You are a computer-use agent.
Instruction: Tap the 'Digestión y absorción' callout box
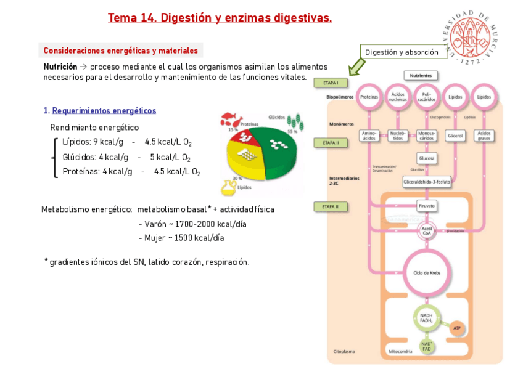click(x=402, y=52)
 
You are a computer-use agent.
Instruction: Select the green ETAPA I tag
click(x=331, y=83)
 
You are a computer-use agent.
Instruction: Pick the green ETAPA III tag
click(x=331, y=206)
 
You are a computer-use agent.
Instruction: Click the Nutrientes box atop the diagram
click(x=421, y=75)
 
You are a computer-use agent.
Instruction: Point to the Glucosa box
click(x=427, y=158)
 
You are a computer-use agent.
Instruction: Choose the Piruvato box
click(x=427, y=206)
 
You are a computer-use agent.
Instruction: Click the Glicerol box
click(x=455, y=136)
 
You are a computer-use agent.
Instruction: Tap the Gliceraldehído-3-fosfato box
click(x=427, y=182)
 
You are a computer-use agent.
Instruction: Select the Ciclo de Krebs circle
click(x=427, y=272)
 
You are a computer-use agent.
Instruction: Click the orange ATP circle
click(x=457, y=328)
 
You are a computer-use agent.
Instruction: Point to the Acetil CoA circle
click(x=427, y=231)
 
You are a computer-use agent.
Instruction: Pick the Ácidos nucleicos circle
click(x=398, y=97)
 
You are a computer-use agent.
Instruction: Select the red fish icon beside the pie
click(x=229, y=118)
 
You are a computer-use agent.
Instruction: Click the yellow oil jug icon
click(x=229, y=186)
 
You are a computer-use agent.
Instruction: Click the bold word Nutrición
click(x=60, y=67)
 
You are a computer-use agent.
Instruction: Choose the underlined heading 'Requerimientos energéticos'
click(x=104, y=111)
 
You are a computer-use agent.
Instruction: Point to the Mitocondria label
click(x=400, y=351)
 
